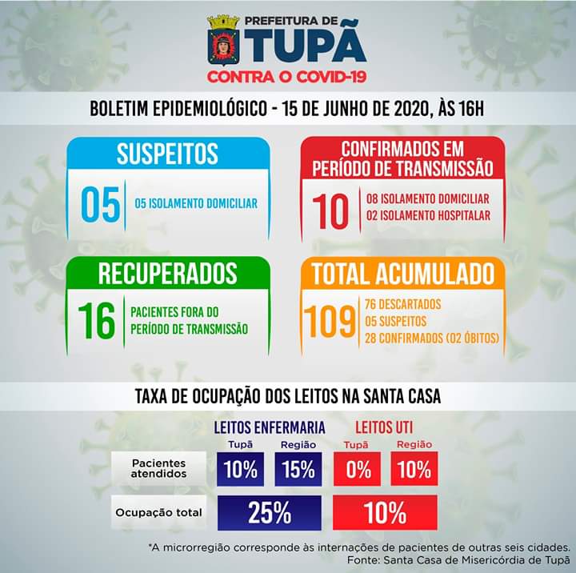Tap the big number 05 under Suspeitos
coord(100,204)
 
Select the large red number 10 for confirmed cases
coord(330,210)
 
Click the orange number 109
coord(331,322)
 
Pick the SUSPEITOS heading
coord(167,154)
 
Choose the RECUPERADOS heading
coord(167,273)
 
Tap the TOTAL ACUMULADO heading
coord(402,274)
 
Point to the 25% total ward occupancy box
coord(269,513)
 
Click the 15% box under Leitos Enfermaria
coord(298,469)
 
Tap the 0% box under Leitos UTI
coord(358,469)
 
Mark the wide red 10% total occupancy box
coord(386,513)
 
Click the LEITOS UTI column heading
coord(383,427)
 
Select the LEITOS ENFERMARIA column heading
coord(269,427)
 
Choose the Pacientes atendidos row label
coord(158,468)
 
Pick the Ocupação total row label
coord(158,512)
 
